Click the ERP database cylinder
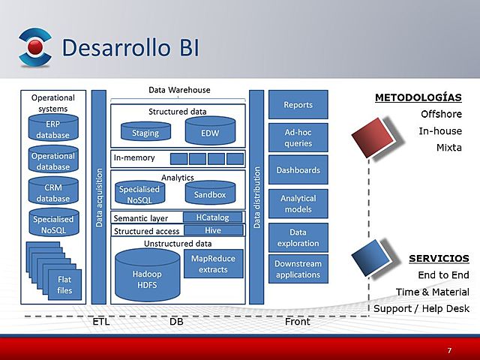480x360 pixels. tap(52, 129)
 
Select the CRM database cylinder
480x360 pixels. tap(52, 193)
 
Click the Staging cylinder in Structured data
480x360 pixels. tap(145, 133)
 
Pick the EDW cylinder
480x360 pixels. tap(210, 133)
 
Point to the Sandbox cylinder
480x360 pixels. tap(210, 194)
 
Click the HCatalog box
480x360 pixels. tap(213, 217)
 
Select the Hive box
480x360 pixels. tap(213, 230)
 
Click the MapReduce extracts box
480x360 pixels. tap(213, 264)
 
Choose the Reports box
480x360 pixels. tap(298, 105)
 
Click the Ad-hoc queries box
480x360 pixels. tap(298, 137)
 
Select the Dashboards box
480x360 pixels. tap(298, 170)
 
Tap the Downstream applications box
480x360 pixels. tap(298, 269)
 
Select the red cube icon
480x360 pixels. tap(373, 138)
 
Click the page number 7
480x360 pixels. tap(449, 350)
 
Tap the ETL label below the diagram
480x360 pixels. tap(100, 322)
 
